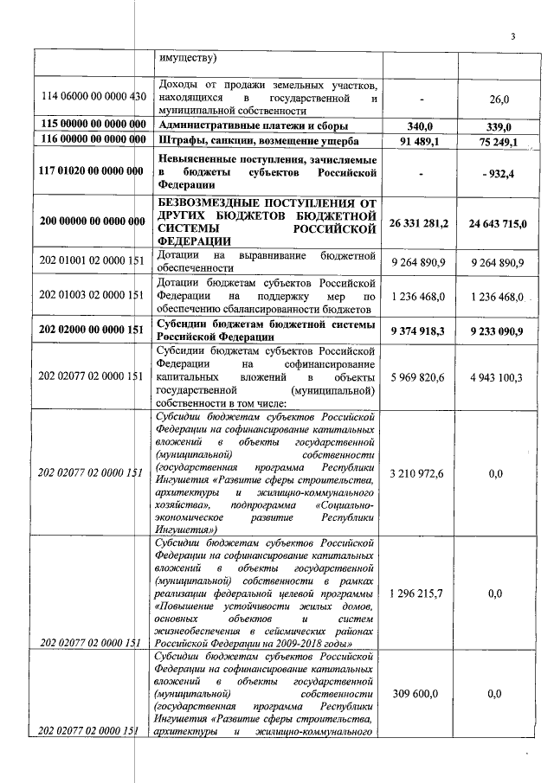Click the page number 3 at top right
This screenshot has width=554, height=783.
[x=512, y=36]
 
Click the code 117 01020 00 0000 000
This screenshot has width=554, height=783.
[x=91, y=171]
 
